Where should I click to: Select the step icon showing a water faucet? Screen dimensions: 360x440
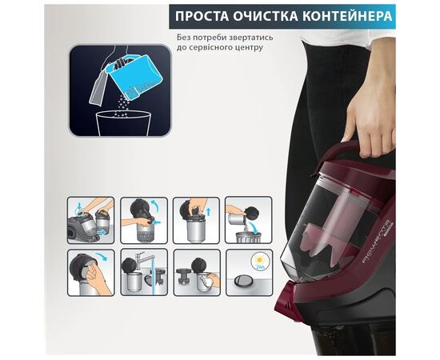pos(143,271)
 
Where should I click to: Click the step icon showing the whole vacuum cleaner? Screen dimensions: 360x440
pos(90,220)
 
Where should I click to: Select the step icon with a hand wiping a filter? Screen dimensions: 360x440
pos(90,271)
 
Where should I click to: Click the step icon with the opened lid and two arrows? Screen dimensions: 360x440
pos(143,220)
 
